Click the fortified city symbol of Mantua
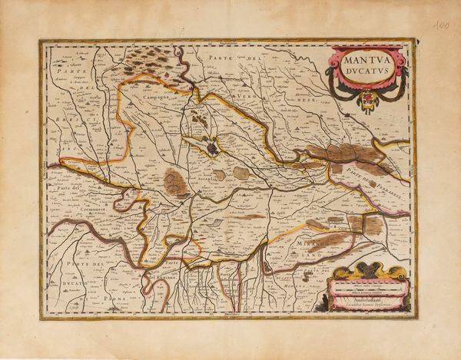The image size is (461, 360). coord(212,146)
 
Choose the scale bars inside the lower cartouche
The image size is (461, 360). coord(362,286)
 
